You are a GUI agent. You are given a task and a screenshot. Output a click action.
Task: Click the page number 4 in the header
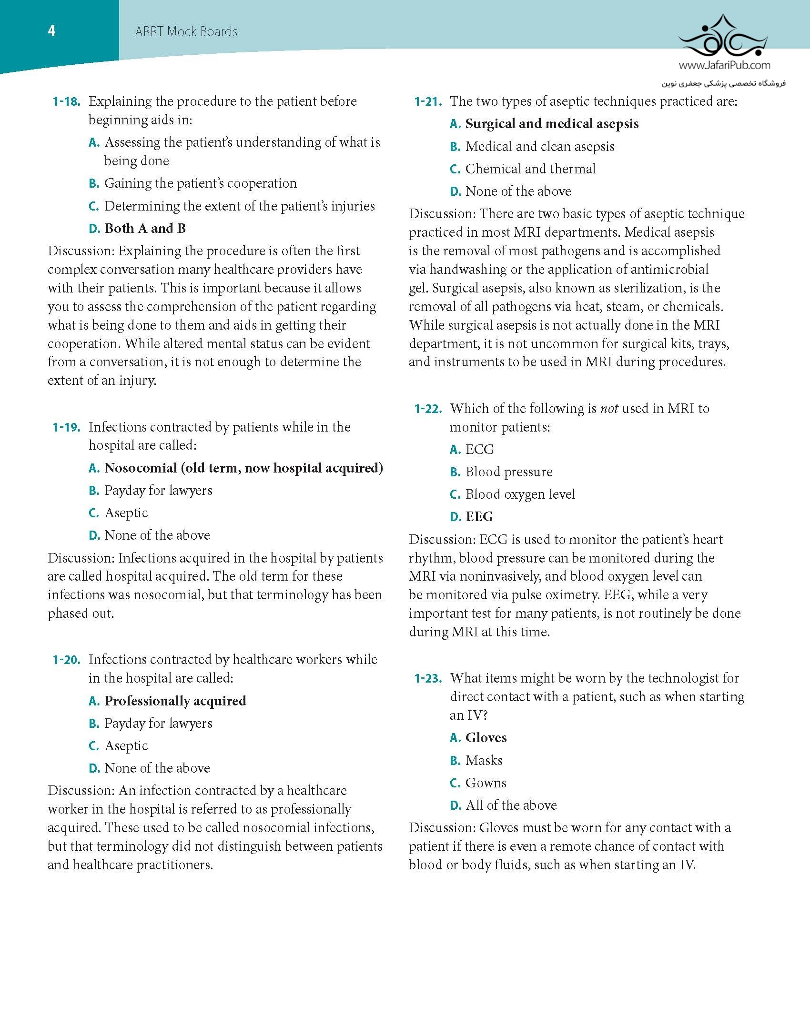pyautogui.click(x=51, y=31)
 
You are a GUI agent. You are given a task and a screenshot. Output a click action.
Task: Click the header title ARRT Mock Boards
pyautogui.click(x=186, y=32)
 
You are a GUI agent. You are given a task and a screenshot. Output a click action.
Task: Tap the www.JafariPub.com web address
pyautogui.click(x=724, y=65)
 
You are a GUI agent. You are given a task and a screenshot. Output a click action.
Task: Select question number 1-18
pyautogui.click(x=66, y=101)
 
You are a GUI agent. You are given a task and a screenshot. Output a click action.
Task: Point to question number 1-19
pyautogui.click(x=66, y=427)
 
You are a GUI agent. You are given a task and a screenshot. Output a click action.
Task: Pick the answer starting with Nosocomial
pyautogui.click(x=243, y=468)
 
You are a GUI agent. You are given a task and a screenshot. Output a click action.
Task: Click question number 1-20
pyautogui.click(x=66, y=660)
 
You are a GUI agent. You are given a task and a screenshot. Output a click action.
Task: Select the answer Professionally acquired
pyautogui.click(x=175, y=701)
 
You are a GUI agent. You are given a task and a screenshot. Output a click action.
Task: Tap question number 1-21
pyautogui.click(x=428, y=101)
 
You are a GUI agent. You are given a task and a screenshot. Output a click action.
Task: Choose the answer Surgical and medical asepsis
pyautogui.click(x=552, y=124)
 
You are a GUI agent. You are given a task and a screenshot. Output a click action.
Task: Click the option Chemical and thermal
pyautogui.click(x=530, y=169)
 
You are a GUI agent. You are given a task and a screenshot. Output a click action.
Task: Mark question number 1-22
pyautogui.click(x=428, y=409)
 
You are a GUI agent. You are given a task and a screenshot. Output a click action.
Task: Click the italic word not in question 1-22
pyautogui.click(x=609, y=409)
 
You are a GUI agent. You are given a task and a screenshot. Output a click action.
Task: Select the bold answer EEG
pyautogui.click(x=479, y=517)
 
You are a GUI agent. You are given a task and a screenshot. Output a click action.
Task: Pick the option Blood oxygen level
pyautogui.click(x=520, y=494)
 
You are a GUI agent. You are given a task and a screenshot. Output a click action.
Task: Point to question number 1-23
pyautogui.click(x=428, y=678)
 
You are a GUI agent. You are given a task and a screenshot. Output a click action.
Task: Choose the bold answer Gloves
pyautogui.click(x=486, y=738)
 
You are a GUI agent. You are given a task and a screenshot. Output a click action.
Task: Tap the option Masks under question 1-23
pyautogui.click(x=484, y=760)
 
